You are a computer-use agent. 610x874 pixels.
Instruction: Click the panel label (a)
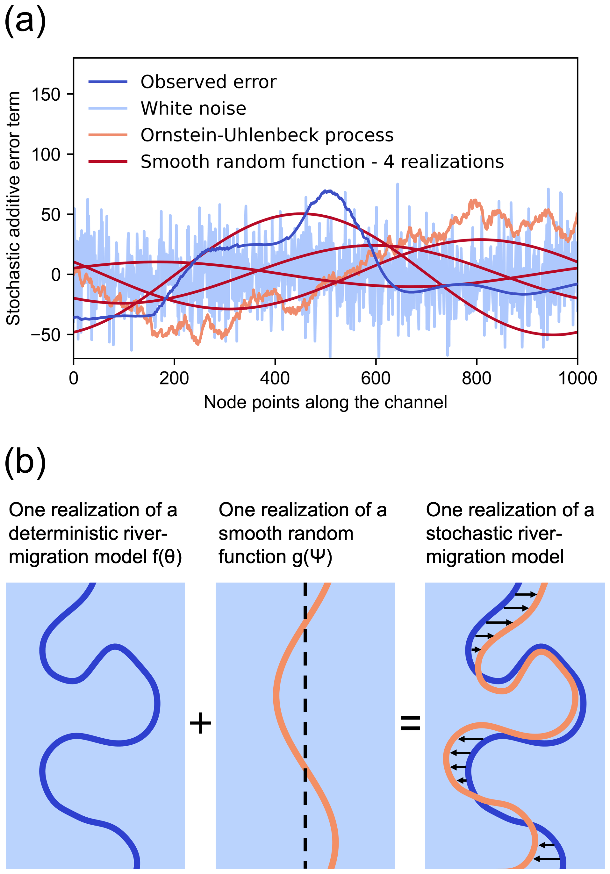(x=25, y=21)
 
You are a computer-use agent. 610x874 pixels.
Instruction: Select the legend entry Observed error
(x=208, y=82)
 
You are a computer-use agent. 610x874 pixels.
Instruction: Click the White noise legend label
(x=193, y=109)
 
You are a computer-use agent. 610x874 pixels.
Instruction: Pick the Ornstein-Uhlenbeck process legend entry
(x=267, y=135)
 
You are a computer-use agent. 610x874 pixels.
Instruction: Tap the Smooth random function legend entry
(x=322, y=162)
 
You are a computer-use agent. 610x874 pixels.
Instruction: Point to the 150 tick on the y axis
(x=46, y=94)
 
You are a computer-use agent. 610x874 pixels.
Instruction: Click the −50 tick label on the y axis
(x=46, y=335)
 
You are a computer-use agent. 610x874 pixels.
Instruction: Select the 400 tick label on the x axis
(x=275, y=378)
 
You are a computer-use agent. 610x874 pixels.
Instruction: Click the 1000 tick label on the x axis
(x=577, y=378)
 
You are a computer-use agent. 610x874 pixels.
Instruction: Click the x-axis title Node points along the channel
(x=325, y=402)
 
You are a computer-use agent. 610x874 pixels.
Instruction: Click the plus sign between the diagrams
(x=200, y=723)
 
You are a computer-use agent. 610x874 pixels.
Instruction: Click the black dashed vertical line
(x=305, y=723)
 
